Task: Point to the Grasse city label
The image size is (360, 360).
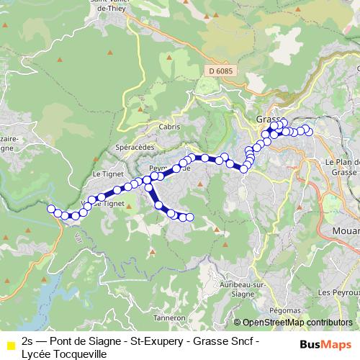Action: click(x=269, y=120)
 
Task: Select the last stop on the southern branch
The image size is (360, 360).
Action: click(x=190, y=217)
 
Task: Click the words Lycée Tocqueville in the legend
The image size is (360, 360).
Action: click(x=64, y=354)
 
